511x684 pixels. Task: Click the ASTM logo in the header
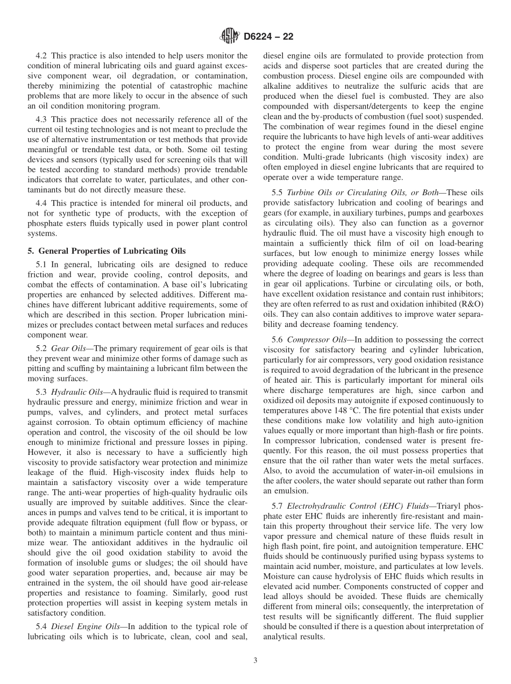click(229, 37)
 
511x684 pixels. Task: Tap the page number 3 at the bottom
click(256, 661)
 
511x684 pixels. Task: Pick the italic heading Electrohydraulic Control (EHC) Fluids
click(358, 506)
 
